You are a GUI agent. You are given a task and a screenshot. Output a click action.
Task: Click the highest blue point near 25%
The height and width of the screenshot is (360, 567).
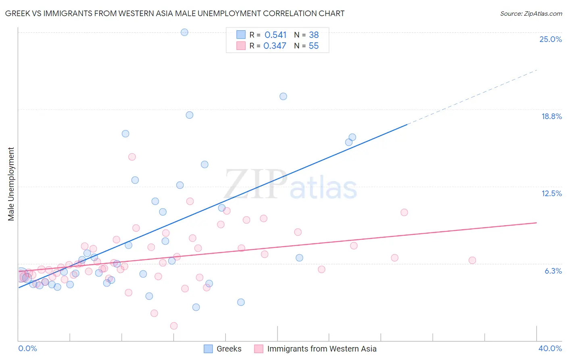coord(184,32)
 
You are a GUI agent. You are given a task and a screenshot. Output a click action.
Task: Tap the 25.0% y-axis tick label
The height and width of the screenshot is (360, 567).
coord(550,39)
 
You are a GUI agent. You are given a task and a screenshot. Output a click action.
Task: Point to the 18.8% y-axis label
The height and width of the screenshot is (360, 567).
coord(551,116)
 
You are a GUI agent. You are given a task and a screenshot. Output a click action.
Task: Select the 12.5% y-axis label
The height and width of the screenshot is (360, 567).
coord(551,193)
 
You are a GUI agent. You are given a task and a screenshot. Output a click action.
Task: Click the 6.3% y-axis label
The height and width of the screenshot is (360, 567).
coord(553,271)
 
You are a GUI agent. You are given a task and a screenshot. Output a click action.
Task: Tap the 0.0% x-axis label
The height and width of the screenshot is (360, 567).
coord(27,348)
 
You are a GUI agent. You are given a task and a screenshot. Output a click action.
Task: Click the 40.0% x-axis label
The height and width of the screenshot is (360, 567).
coord(550,348)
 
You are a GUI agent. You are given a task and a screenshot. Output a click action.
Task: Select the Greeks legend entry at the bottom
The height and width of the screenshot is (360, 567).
coord(229,349)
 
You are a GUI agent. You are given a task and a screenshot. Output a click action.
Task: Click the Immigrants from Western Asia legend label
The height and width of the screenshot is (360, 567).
coord(321,349)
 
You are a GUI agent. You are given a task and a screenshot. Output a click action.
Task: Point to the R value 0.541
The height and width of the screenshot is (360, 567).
coord(275,35)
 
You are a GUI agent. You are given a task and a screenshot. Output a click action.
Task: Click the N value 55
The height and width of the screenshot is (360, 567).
coord(313,46)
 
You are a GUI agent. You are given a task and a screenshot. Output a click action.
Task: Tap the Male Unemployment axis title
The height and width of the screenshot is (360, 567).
coord(11,184)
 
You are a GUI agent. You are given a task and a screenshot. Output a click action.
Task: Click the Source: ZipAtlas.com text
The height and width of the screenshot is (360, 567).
coord(531,13)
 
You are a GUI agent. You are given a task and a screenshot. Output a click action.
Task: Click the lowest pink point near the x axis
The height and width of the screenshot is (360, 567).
coord(174,326)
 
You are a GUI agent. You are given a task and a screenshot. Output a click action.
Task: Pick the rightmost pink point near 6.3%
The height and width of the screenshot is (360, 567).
coord(472,260)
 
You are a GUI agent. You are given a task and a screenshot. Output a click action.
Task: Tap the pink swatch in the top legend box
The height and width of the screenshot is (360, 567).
coord(241,46)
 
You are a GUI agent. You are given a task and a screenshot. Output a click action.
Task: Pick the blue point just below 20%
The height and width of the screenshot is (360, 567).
coord(283,96)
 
